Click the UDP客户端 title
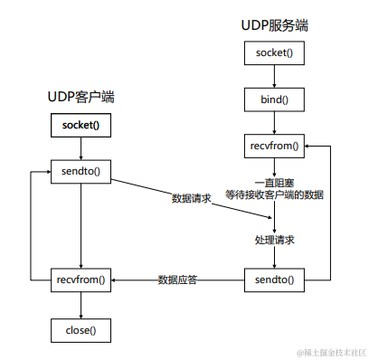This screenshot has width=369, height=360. click(81, 97)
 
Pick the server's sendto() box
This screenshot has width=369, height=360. click(271, 279)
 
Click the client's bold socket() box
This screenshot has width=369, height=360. click(81, 125)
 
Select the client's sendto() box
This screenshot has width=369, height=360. click(81, 171)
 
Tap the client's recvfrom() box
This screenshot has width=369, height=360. click(81, 279)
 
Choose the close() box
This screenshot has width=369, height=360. click(81, 330)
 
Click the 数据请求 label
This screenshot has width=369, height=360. click(192, 198)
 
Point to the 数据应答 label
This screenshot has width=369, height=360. click(178, 279)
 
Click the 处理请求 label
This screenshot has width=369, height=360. click(274, 240)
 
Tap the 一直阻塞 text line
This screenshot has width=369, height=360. click(274, 181)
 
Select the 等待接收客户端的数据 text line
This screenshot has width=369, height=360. click(275, 194)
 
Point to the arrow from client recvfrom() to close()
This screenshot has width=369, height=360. click(81, 305)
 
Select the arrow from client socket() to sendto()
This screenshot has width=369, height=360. click(81, 147)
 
